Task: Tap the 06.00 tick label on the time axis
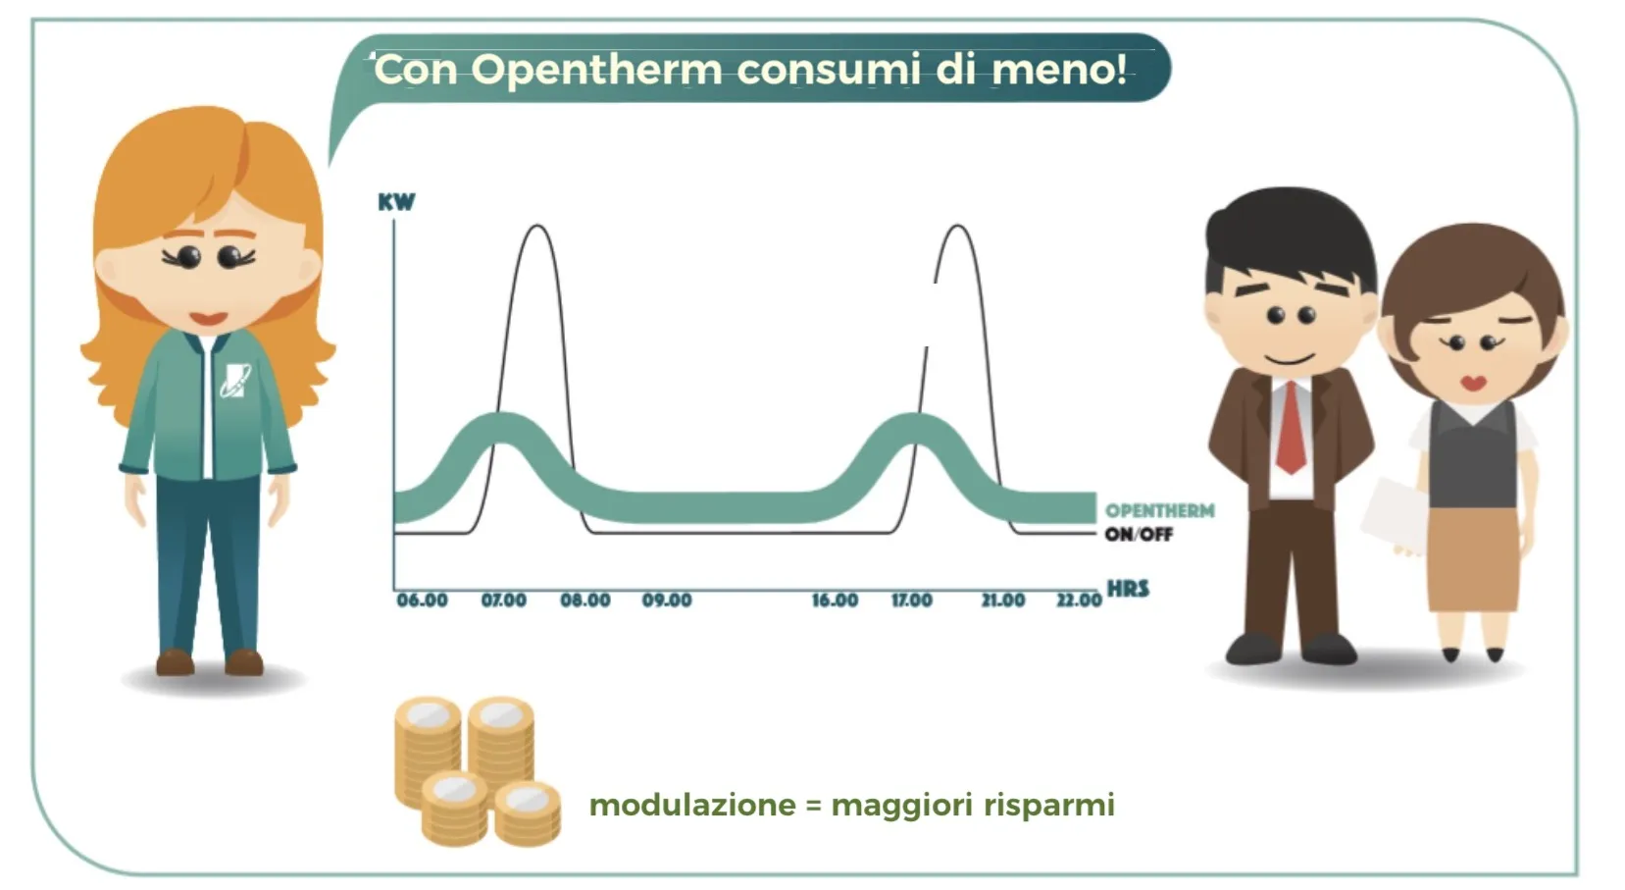pos(422,601)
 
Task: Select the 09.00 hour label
pos(667,601)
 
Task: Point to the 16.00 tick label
pos(835,601)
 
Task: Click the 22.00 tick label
pos(1079,601)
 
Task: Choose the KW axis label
pos(396,202)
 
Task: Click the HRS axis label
pos(1128,589)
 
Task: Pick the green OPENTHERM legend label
pos(1159,511)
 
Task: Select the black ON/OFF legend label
pos(1139,535)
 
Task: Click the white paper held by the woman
pos(1393,514)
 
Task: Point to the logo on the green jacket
pos(235,380)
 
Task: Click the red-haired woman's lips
pos(208,318)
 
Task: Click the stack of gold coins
pos(476,771)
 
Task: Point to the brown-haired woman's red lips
pos(1472,382)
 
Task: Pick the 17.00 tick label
pos(912,601)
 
